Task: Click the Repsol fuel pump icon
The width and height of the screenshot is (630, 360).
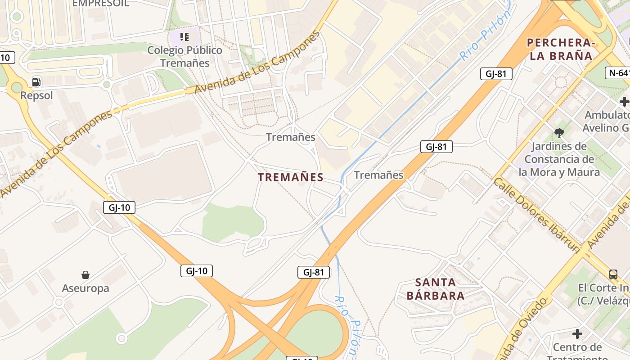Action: tap(36, 82)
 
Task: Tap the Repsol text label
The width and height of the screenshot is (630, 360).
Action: tap(36, 95)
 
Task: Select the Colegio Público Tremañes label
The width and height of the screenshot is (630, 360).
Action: tap(185, 57)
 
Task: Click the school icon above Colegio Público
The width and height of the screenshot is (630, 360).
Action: tap(184, 36)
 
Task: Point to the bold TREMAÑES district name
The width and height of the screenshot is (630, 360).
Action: tap(291, 177)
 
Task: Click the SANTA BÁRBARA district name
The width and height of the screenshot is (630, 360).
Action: tap(435, 289)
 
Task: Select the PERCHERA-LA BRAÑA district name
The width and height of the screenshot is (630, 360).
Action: tap(560, 49)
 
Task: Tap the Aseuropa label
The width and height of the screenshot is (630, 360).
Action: tap(85, 288)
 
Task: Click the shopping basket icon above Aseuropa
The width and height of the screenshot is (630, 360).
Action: tap(85, 274)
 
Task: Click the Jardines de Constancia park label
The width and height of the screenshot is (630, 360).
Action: tap(559, 159)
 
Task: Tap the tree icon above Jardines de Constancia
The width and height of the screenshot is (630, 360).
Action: tap(559, 133)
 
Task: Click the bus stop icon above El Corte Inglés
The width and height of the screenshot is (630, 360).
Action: tap(613, 274)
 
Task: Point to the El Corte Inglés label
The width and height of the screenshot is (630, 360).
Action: tap(603, 294)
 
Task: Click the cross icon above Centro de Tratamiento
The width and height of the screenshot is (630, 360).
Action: tap(577, 334)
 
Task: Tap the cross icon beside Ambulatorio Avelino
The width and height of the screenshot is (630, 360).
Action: tap(624, 102)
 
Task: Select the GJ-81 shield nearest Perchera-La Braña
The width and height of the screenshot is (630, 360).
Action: tap(496, 74)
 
